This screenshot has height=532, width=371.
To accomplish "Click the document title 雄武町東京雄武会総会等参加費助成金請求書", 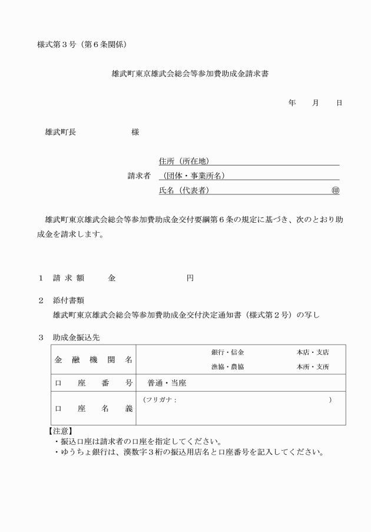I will point(185,75).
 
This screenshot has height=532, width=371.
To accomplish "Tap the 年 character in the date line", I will point(292,103).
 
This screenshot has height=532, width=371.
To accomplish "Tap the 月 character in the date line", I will point(316,103).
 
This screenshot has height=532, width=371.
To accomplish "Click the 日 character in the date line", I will point(339,103).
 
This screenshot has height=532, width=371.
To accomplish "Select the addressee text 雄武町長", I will point(61,132).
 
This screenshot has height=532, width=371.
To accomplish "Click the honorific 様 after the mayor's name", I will point(135,132).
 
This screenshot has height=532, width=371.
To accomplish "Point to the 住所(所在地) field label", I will point(184,161).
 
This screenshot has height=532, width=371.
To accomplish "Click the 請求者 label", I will point(140,176).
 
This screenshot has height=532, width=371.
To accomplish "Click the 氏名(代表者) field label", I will point(184,190).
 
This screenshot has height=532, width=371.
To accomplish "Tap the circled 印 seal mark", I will point(336,190).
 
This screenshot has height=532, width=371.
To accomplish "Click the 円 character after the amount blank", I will point(190,277).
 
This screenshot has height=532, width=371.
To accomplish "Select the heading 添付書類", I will point(68,300).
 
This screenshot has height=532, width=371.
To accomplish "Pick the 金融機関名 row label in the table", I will point(94,359).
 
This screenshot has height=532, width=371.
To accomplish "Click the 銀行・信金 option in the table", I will point(228,352).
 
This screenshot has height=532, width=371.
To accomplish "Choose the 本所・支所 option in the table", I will point(313,366).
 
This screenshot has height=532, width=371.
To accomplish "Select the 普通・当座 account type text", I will point(167,383).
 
